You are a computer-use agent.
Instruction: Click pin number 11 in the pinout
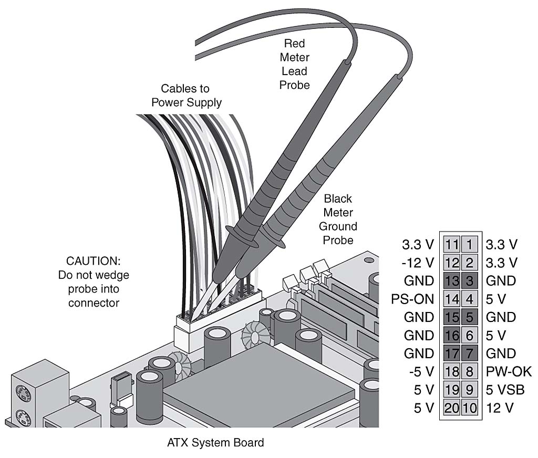451,244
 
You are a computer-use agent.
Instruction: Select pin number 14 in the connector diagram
451,299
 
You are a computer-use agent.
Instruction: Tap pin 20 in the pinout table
451,408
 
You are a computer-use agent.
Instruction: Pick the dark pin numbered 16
451,335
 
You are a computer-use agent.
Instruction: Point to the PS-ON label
412,299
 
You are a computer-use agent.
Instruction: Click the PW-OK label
509,372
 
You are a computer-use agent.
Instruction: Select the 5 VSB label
505,390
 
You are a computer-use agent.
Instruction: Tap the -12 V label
419,263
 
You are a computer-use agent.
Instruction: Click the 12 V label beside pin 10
500,408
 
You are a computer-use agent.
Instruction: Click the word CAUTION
92,261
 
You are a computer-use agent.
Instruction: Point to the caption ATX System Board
215,443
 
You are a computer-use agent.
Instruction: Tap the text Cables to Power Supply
187,96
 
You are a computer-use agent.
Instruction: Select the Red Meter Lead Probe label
295,64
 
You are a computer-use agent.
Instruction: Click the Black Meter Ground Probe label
339,220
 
